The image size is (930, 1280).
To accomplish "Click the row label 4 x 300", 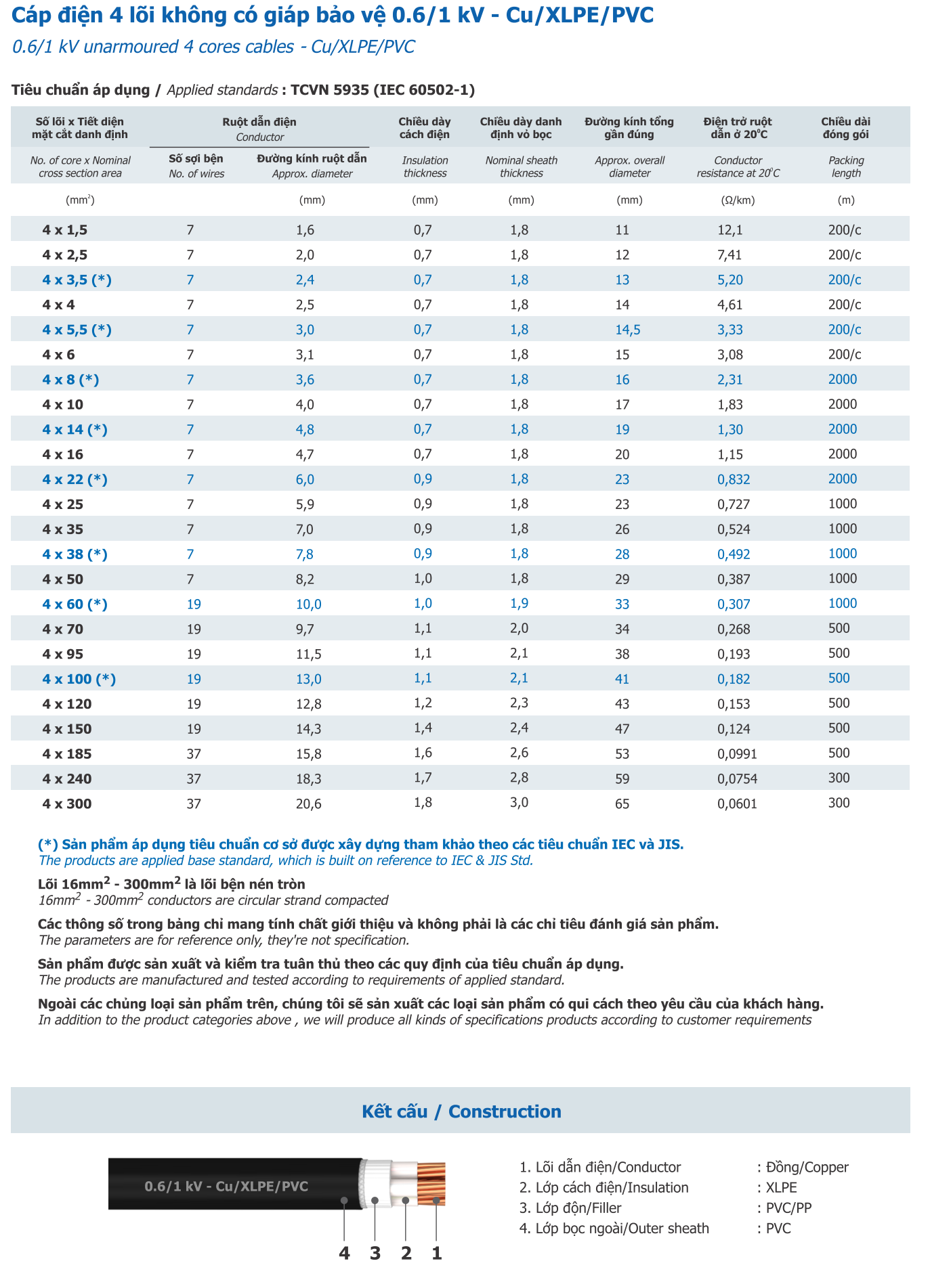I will [x=66, y=803].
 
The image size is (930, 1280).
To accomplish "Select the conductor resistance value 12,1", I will [x=730, y=230].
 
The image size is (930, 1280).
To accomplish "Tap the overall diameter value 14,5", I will [x=627, y=330].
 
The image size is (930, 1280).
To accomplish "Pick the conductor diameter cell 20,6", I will [x=308, y=803].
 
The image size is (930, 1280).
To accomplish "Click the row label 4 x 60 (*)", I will [x=75, y=604].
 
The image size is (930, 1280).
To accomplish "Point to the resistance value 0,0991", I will [x=737, y=754].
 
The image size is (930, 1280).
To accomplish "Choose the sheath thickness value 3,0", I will [x=519, y=803].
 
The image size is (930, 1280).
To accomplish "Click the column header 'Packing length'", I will [x=846, y=167].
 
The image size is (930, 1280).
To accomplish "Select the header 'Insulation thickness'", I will [x=425, y=167].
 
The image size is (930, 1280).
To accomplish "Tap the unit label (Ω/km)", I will [x=738, y=200].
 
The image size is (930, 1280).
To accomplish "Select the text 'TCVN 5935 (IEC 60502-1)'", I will [x=382, y=90].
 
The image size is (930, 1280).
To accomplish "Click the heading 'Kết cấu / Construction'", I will [x=461, y=1111].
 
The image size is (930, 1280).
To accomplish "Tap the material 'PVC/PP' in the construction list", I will [x=788, y=1208].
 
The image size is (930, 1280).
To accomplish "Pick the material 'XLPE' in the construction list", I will [x=781, y=1188].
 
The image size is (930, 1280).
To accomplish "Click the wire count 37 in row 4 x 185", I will [x=194, y=754].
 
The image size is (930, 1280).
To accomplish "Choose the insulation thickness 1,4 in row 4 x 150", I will [x=423, y=728].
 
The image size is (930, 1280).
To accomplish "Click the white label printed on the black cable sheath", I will [x=226, y=1187].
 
